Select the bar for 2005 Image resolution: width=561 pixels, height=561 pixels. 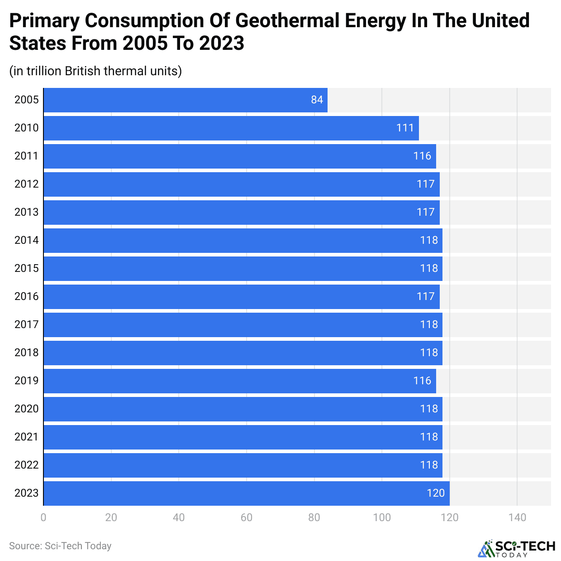(x=185, y=100)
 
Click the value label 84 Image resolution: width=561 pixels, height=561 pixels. (x=317, y=100)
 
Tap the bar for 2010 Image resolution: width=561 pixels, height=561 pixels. (x=231, y=128)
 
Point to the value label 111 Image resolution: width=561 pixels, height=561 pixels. (x=405, y=128)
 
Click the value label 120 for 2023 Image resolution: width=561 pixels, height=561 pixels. (x=436, y=493)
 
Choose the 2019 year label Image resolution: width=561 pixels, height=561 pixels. (x=27, y=381)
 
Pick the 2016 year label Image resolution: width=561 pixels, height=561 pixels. (x=27, y=296)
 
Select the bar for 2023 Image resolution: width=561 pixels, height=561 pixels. (x=247, y=493)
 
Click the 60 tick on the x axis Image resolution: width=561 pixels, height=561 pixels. (x=247, y=517)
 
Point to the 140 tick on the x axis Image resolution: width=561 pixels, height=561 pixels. (x=517, y=517)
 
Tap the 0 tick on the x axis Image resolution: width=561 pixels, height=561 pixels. (x=43, y=517)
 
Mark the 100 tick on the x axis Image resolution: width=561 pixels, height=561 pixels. (x=382, y=517)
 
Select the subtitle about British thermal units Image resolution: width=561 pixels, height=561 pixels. (x=95, y=71)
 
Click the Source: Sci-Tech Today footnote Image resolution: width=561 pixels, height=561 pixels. (x=60, y=546)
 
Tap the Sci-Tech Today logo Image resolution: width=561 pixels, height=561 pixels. (x=517, y=548)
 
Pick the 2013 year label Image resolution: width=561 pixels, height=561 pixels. (x=27, y=212)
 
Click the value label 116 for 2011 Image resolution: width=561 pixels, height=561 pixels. (x=422, y=156)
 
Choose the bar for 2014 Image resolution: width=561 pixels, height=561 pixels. (x=243, y=241)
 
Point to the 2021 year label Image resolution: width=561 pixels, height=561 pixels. (x=27, y=437)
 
